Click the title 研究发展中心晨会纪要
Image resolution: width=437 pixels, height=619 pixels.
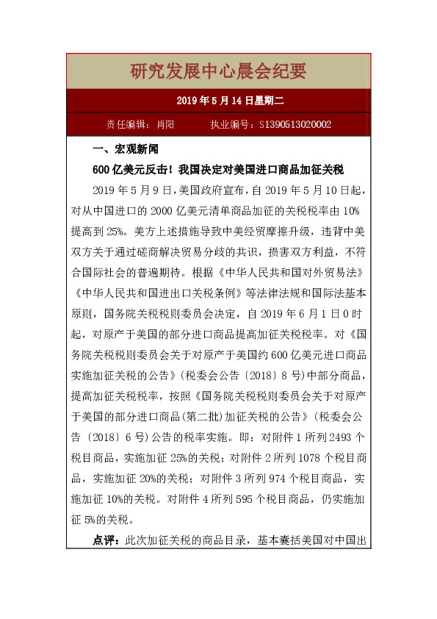click(218, 71)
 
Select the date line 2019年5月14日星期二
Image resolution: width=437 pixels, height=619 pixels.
click(218, 101)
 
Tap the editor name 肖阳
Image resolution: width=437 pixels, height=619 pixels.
click(166, 125)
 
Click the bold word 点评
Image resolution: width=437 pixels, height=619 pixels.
click(106, 540)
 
